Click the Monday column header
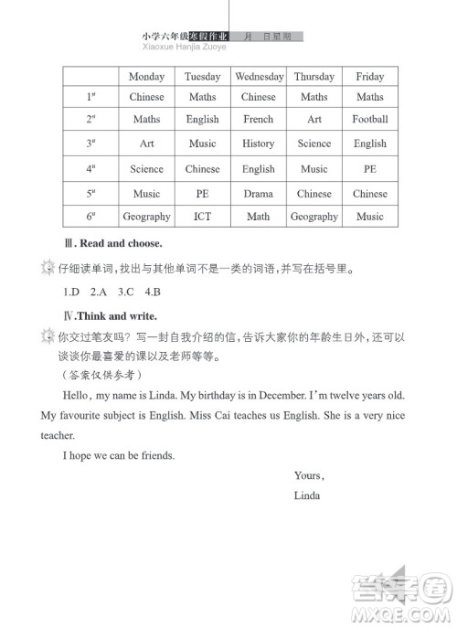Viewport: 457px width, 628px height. (x=146, y=77)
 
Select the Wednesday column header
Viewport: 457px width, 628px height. (x=259, y=77)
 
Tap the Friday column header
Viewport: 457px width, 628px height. (x=369, y=77)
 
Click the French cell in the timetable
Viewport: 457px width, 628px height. (x=259, y=120)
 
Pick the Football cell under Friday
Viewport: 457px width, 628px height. (x=369, y=120)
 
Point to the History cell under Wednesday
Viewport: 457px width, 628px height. (x=259, y=144)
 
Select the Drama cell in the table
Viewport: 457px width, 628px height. (x=259, y=194)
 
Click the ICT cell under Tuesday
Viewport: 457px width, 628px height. (x=202, y=218)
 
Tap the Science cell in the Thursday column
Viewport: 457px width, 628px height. (x=314, y=144)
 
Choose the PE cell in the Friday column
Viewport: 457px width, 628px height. (x=369, y=169)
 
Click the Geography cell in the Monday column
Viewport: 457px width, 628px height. (x=146, y=218)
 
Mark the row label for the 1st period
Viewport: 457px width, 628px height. (x=91, y=97)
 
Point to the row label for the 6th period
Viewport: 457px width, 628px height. (x=91, y=218)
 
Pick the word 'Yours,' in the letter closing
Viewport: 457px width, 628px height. (x=310, y=475)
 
